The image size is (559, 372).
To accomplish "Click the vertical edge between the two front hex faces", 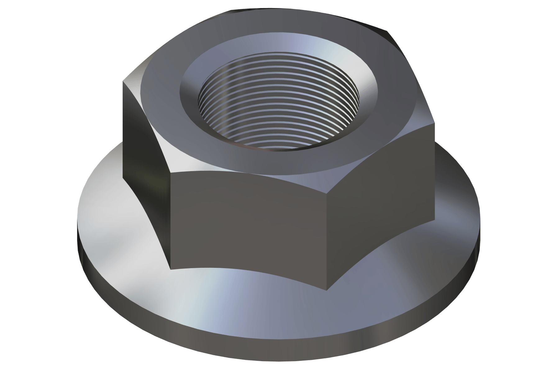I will click(x=327, y=232).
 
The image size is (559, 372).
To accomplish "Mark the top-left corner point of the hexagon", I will click(x=123, y=81).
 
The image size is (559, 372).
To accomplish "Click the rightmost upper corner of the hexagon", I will click(x=434, y=123).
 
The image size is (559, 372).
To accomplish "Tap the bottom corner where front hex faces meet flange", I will click(x=327, y=290).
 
